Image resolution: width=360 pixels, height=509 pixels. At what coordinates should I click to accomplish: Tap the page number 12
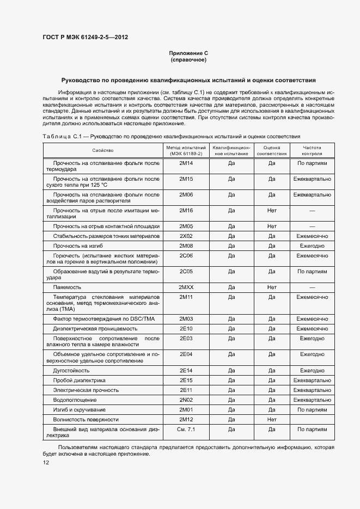46,462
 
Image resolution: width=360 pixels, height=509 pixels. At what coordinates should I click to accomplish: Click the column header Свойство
102,150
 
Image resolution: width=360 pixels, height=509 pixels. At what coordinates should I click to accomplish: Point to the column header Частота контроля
312,150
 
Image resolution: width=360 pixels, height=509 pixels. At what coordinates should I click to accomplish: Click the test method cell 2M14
186,163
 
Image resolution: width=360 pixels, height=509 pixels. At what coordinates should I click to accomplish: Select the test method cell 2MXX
186,287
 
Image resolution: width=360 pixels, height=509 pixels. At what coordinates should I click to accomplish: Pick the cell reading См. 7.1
186,430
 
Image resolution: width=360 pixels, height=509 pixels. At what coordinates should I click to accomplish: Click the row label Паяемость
67,287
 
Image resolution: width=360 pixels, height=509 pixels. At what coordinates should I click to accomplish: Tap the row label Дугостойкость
71,370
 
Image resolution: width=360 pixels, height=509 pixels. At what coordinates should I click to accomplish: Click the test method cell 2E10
186,328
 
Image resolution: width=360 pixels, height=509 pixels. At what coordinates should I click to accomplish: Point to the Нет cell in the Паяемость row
272,287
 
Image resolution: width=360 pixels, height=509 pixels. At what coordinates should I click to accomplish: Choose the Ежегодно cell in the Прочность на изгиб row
312,246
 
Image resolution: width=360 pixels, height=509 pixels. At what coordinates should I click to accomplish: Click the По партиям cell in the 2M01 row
312,409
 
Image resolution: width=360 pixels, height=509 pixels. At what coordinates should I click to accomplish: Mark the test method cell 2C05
186,271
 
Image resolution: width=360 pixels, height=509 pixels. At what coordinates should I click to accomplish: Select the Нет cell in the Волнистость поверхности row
272,419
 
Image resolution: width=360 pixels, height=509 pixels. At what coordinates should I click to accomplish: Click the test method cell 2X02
186,236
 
